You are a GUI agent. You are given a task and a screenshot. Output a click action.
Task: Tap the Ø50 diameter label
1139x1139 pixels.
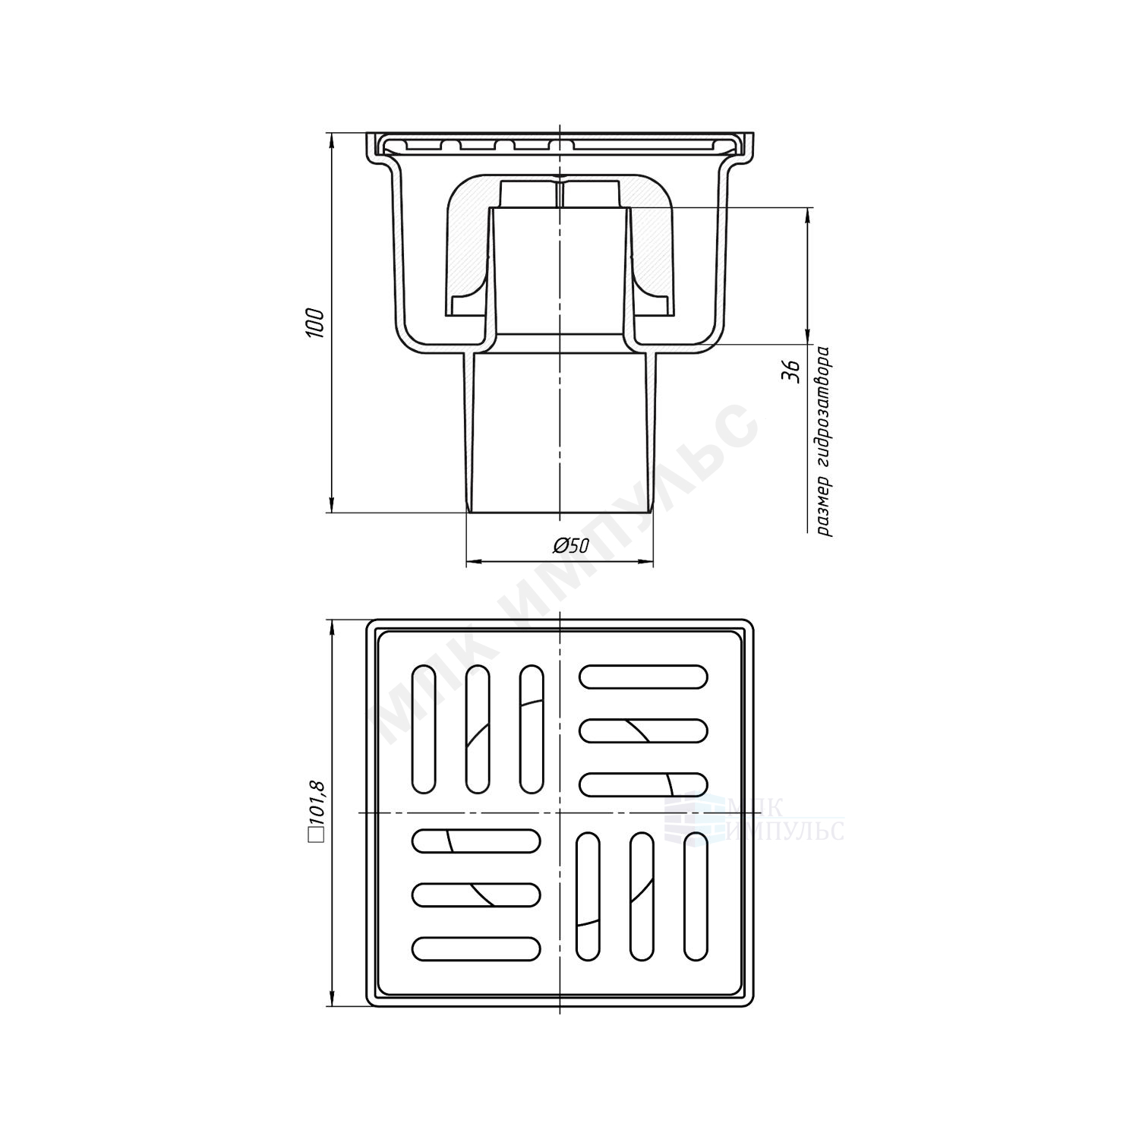(572, 545)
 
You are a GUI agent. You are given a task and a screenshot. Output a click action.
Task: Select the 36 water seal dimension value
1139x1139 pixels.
(791, 371)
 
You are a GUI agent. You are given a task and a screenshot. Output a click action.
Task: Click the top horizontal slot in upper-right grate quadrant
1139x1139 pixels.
(643, 677)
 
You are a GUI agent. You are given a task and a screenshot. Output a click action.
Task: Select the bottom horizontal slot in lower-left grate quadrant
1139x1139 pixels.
(476, 948)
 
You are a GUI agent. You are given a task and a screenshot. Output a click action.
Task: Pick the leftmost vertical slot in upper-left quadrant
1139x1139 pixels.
(424, 729)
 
